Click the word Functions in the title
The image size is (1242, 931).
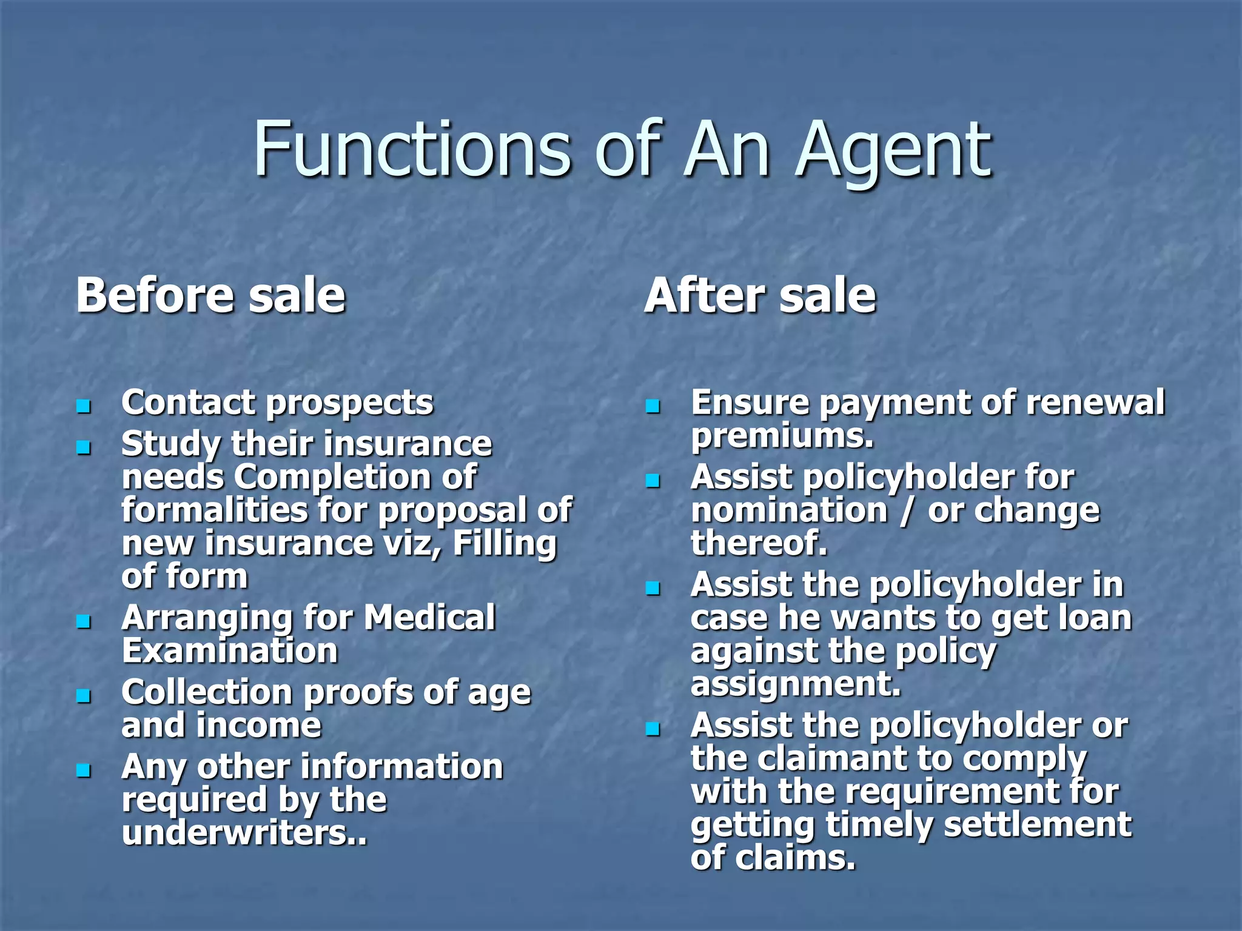[x=412, y=148]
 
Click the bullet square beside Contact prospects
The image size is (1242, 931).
[x=84, y=405]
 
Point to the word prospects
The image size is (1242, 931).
[x=350, y=403]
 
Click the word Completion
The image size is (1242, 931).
[x=355, y=478]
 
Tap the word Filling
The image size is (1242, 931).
[x=505, y=544]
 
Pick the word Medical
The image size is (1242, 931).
[x=429, y=618]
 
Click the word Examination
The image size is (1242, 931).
[x=230, y=651]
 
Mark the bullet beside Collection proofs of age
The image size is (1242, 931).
[x=84, y=695]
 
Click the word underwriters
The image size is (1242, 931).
[x=244, y=833]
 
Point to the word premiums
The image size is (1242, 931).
[x=782, y=436]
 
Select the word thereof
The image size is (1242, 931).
[x=759, y=543]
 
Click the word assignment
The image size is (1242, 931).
[x=795, y=684]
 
